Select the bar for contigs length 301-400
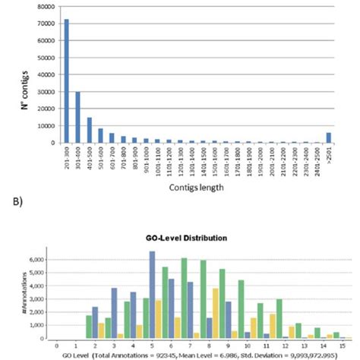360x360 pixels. tap(77, 117)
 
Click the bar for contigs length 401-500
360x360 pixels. tap(90, 130)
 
